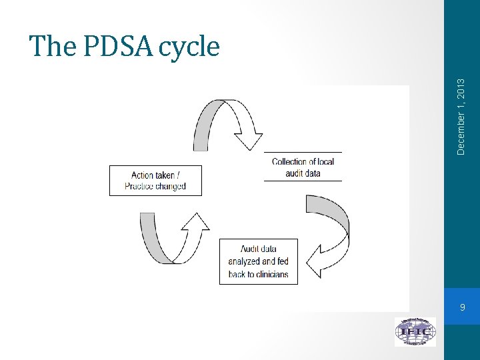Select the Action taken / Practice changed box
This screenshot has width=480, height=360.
[x=155, y=181]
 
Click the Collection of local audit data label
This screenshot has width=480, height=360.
[x=303, y=167]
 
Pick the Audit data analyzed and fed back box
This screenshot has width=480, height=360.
[x=258, y=261]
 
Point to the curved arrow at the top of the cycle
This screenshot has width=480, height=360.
[x=227, y=123]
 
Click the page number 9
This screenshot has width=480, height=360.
[x=462, y=307]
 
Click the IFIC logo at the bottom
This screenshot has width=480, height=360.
[x=415, y=331]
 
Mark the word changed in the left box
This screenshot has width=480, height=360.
[x=171, y=186]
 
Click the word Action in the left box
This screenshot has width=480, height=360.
[x=143, y=175]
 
